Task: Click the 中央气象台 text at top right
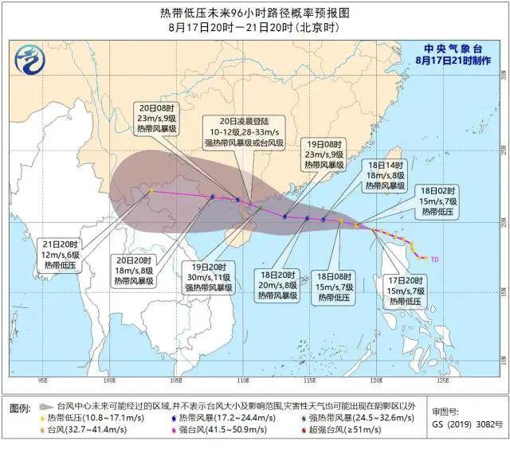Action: [x=456, y=48]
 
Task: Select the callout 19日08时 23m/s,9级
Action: [x=324, y=154]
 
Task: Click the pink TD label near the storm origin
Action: [x=435, y=259]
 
